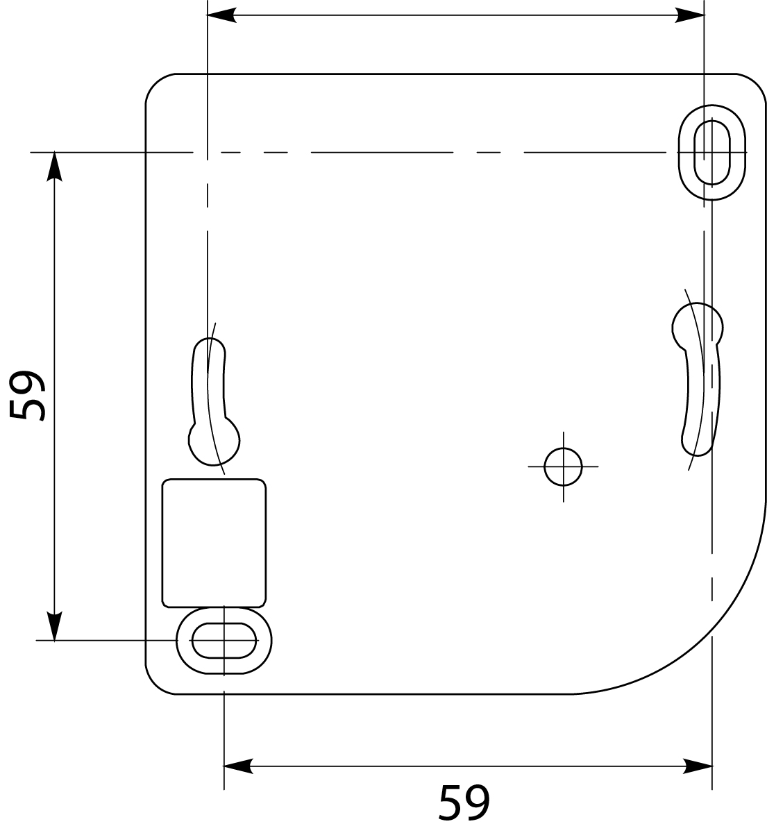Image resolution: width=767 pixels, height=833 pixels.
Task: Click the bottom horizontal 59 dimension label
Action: [464, 802]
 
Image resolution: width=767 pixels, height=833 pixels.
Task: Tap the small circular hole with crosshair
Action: [563, 466]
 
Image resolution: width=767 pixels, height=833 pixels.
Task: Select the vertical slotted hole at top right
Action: [713, 152]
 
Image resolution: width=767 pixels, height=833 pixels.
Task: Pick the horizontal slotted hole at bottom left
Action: [224, 640]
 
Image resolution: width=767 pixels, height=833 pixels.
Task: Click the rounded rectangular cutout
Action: [214, 542]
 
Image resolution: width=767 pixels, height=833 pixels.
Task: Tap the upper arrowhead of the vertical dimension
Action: [54, 167]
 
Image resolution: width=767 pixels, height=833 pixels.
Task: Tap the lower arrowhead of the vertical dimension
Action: [54, 625]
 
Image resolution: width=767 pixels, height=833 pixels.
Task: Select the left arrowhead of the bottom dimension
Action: [237, 766]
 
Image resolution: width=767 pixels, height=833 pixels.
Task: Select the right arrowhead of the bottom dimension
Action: [698, 766]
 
